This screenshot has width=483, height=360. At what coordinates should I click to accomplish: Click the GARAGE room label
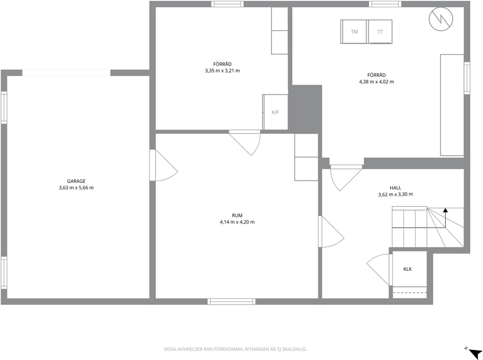coord(76,181)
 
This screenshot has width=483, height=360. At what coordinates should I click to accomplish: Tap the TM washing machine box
coord(354,32)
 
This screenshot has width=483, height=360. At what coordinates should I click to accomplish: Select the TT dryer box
coord(380,32)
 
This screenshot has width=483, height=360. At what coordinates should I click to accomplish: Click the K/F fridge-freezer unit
coord(276,112)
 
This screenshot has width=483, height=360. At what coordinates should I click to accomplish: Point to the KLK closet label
coord(408,269)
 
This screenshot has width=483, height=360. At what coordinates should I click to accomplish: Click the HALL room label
coord(395,188)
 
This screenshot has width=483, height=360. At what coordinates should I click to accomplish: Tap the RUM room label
coord(237,216)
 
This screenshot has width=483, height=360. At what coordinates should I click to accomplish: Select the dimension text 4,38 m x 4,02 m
coord(376,82)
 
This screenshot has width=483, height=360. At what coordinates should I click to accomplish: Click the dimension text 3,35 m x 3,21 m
coord(223,71)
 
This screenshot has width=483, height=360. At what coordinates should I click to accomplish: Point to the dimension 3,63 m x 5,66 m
coord(76,188)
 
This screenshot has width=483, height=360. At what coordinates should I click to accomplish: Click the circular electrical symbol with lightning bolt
coord(441,19)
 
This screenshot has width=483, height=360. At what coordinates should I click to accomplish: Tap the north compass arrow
coord(475,352)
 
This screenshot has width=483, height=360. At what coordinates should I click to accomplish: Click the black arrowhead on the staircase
coord(446,211)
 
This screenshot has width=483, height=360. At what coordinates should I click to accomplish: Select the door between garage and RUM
coord(164,165)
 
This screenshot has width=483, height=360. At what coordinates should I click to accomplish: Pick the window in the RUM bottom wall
coord(231,302)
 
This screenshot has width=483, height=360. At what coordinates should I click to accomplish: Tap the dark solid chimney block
coord(305,109)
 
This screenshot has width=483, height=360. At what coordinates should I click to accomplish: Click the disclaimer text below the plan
coord(235,349)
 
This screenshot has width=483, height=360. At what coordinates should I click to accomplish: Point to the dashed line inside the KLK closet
coord(410,292)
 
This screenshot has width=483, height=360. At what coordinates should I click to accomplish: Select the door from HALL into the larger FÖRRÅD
coord(346,178)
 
